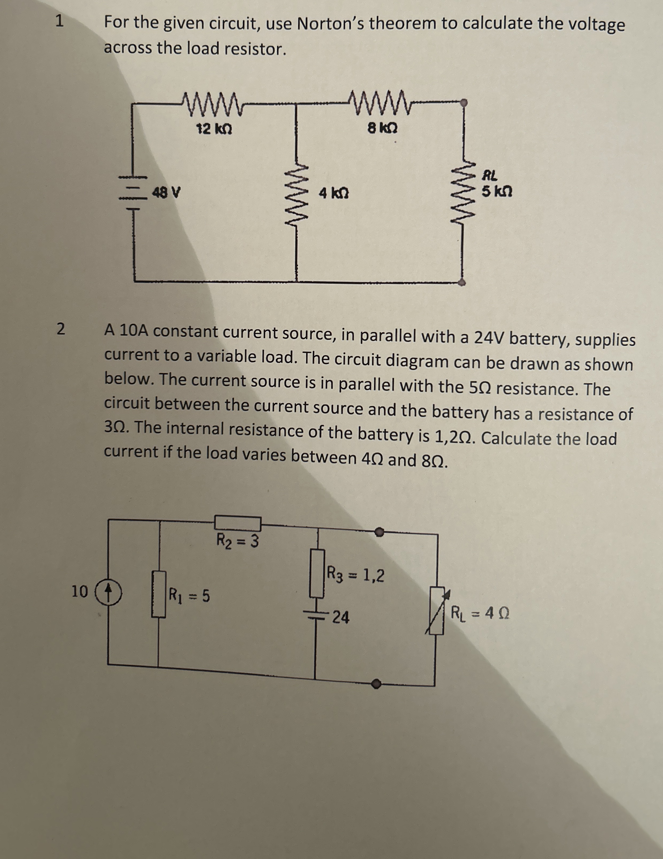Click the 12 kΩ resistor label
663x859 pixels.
(x=214, y=128)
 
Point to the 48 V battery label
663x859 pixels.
(x=167, y=193)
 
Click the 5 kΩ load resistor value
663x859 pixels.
(x=497, y=192)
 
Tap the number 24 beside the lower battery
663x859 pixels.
(x=340, y=618)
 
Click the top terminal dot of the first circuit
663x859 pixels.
(x=464, y=102)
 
